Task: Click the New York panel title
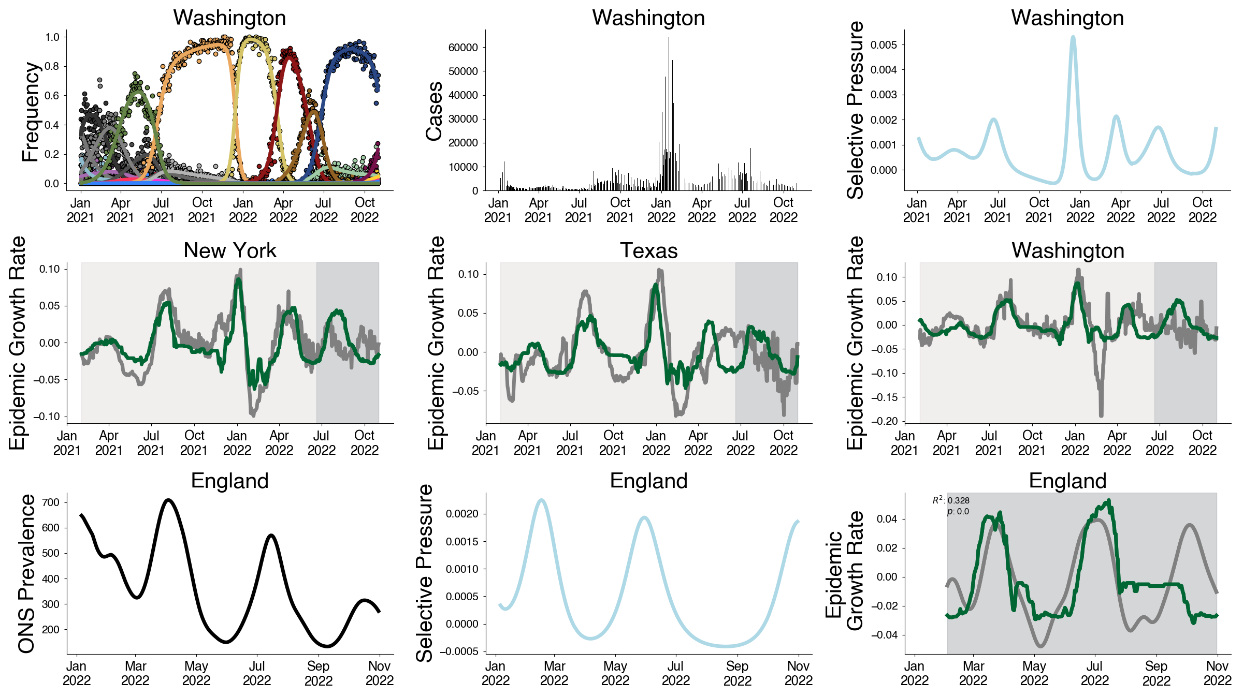pyautogui.click(x=229, y=250)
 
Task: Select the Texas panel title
pyautogui.click(x=648, y=250)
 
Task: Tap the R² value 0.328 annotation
pyautogui.click(x=951, y=500)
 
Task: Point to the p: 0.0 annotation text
pyautogui.click(x=958, y=512)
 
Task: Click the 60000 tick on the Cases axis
pyautogui.click(x=463, y=48)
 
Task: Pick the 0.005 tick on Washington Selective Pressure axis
pyautogui.click(x=884, y=45)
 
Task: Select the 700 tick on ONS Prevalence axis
pyautogui.click(x=51, y=502)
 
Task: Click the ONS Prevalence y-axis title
pyautogui.click(x=27, y=573)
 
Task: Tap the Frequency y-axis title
pyautogui.click(x=31, y=112)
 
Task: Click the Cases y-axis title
pyautogui.click(x=434, y=111)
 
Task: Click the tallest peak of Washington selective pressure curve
pyautogui.click(x=1073, y=37)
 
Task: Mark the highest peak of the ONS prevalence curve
pyautogui.click(x=168, y=500)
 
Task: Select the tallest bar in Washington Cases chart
pyautogui.click(x=669, y=38)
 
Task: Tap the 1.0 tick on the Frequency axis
pyautogui.click(x=52, y=37)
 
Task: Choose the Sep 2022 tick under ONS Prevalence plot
pyautogui.click(x=318, y=673)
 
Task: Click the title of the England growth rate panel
pyautogui.click(x=1067, y=481)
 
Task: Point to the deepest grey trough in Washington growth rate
pyautogui.click(x=1101, y=414)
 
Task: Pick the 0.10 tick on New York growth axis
pyautogui.click(x=50, y=269)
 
